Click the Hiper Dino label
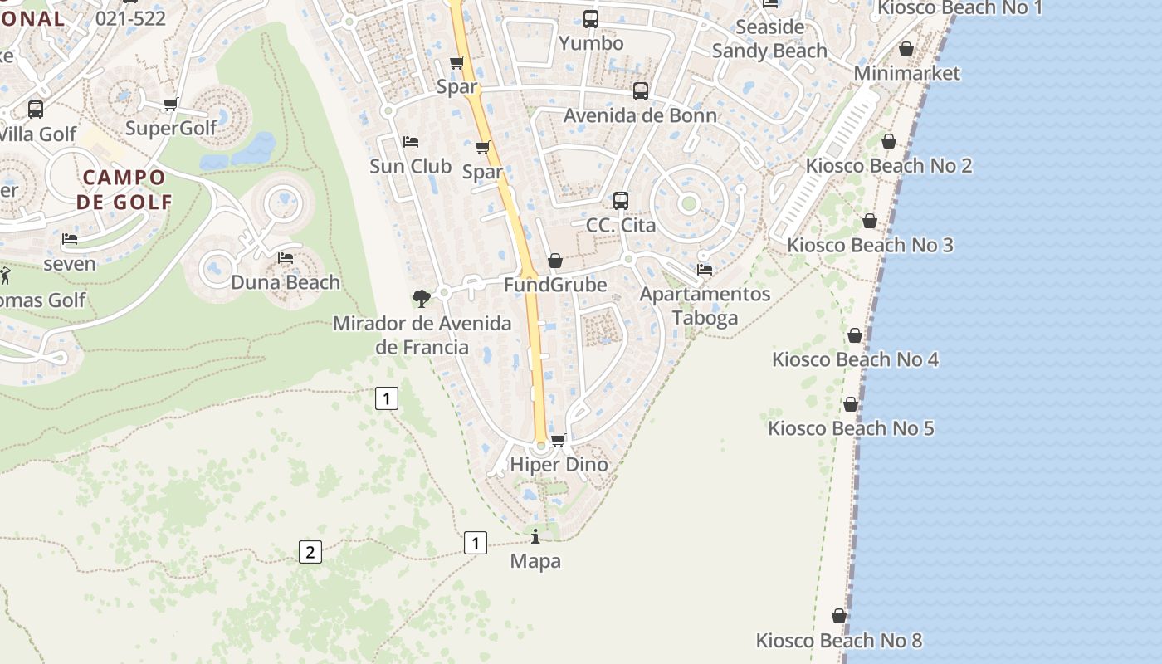559,465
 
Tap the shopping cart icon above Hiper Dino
559,440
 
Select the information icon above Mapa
535,537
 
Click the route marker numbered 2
310,551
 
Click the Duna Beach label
286,282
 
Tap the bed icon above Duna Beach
286,258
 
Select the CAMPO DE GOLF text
124,189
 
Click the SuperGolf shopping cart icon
171,105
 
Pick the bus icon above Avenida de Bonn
641,91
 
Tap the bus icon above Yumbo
591,18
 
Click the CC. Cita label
621,225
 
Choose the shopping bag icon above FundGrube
555,261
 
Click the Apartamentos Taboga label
705,305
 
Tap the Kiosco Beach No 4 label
855,359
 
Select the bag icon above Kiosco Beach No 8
839,616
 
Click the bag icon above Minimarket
906,50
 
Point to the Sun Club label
411,166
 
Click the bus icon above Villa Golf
36,110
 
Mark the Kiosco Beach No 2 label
889,165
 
